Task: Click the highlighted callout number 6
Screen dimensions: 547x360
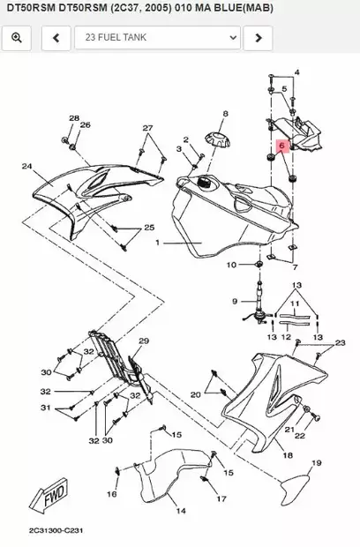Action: (x=280, y=145)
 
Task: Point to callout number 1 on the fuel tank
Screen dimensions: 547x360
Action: (x=159, y=242)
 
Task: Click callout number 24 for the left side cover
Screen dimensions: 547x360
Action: (x=26, y=166)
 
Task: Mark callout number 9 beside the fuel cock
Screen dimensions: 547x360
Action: (x=235, y=302)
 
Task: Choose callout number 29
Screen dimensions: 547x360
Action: (x=144, y=341)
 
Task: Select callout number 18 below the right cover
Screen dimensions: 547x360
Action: (x=288, y=455)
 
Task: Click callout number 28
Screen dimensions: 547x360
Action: (x=75, y=117)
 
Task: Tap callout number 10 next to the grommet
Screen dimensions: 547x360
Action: (x=231, y=265)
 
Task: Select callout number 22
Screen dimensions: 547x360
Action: (x=300, y=436)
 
